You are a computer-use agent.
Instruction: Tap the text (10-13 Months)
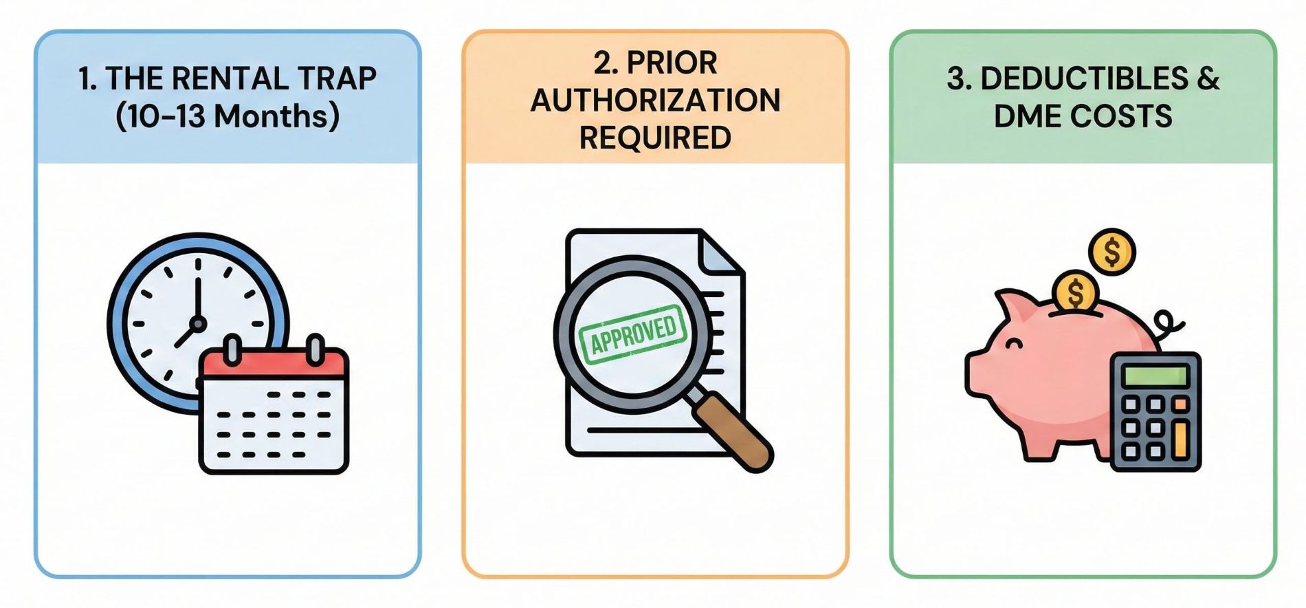click(x=228, y=116)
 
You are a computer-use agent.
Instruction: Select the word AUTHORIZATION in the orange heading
click(x=655, y=100)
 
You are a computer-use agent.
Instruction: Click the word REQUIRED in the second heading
click(x=655, y=138)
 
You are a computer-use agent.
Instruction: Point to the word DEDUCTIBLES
click(x=1067, y=78)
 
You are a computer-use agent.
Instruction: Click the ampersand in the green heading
click(x=1207, y=78)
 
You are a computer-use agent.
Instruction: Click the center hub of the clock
click(x=197, y=323)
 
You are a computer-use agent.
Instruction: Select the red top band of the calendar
click(x=274, y=363)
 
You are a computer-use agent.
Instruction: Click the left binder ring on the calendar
click(x=232, y=348)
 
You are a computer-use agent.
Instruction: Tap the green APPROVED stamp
click(x=632, y=333)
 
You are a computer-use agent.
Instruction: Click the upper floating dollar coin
click(x=1111, y=252)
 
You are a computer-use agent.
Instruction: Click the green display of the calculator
click(x=1154, y=376)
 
